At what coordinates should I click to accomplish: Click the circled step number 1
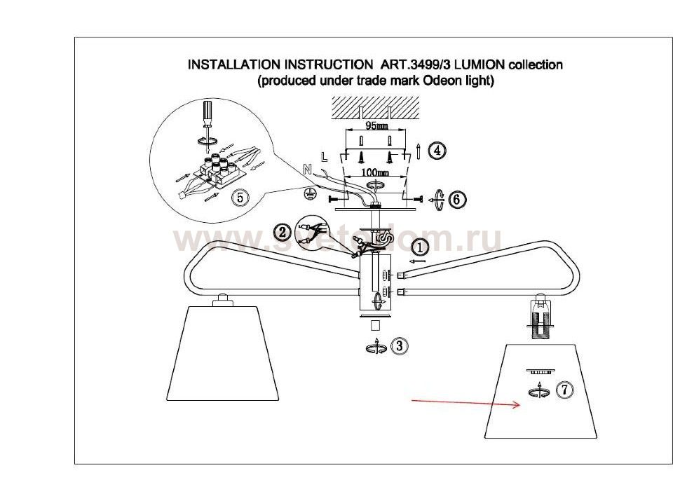click(x=419, y=247)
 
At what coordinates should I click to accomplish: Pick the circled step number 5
click(x=240, y=198)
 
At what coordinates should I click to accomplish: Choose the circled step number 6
click(x=456, y=199)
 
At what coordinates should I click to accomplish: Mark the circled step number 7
click(x=563, y=391)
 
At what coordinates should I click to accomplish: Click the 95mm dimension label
click(x=376, y=126)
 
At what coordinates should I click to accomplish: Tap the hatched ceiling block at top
click(x=377, y=107)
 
